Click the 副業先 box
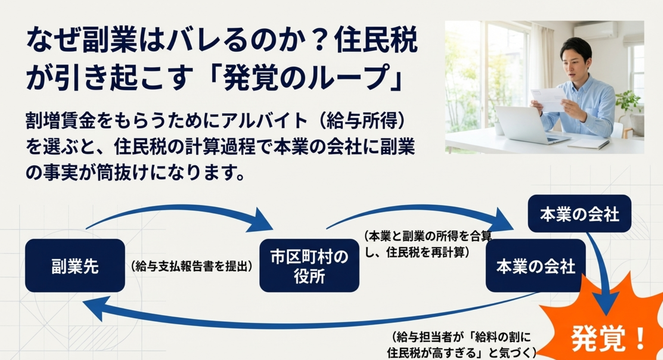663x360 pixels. (x=75, y=265)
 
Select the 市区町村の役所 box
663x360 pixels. (x=309, y=265)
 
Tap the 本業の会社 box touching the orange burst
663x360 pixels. (x=536, y=265)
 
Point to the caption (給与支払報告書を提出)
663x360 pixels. (x=192, y=266)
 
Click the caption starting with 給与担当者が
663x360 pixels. (x=462, y=344)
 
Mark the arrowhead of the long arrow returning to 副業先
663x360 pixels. (x=94, y=308)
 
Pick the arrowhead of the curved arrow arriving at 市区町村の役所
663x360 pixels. (x=262, y=220)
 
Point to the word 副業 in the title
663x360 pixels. (x=109, y=40)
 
